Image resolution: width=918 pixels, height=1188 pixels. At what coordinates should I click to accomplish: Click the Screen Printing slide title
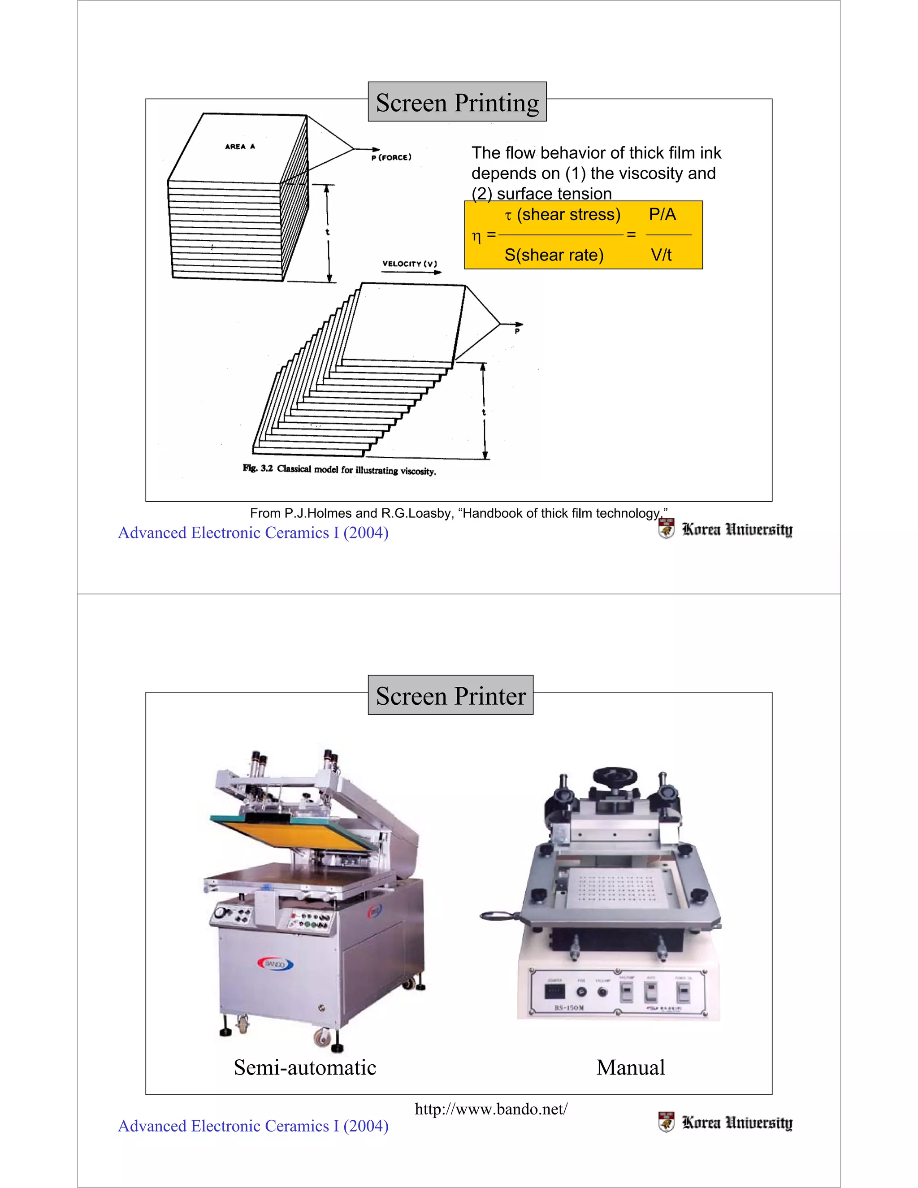point(457,102)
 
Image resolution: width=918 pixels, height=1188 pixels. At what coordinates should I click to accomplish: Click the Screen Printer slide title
point(450,696)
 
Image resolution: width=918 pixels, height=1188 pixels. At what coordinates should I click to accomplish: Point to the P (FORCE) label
point(391,158)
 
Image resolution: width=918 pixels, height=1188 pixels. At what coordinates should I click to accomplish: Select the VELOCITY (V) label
point(409,264)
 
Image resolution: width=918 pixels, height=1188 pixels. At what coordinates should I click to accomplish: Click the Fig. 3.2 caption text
point(339,469)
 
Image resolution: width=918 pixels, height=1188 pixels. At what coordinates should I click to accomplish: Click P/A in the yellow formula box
point(662,214)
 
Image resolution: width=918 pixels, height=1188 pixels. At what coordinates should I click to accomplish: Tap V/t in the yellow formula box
point(661,255)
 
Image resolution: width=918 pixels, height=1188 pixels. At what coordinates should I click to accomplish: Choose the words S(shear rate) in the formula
point(554,255)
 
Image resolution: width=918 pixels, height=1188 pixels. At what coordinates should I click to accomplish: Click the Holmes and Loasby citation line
point(459,513)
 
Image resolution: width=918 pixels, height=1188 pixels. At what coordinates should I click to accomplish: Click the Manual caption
point(630,1067)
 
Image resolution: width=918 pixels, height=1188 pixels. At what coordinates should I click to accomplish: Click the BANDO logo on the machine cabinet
point(275,964)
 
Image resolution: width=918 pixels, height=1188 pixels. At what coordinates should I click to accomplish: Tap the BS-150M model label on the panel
point(569,1008)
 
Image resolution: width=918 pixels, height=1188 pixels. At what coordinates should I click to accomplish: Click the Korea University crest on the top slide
point(666,529)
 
